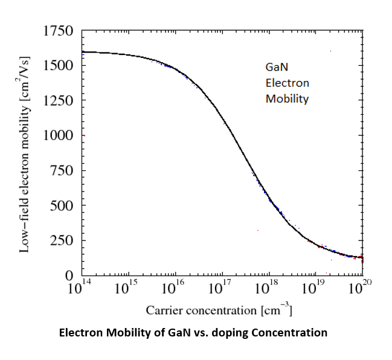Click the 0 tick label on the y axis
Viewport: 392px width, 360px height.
tap(69, 275)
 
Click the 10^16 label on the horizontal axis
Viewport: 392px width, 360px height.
tap(175, 288)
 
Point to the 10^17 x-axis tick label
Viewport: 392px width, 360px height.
tap(222, 288)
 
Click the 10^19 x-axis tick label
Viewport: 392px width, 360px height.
tap(315, 288)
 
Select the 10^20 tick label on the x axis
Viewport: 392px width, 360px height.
tap(361, 288)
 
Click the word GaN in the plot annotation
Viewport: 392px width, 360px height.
tap(276, 68)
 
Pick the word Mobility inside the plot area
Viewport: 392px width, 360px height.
tap(287, 99)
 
